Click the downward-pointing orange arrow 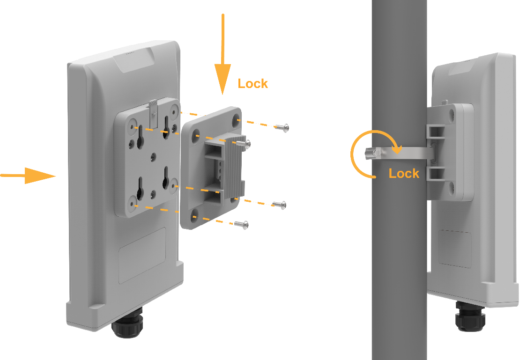point(222,54)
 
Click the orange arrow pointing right point(28,175)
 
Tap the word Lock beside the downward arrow point(253,84)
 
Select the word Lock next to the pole point(404,173)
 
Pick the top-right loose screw point(282,127)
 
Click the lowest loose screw point(242,224)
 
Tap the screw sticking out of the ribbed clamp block point(243,144)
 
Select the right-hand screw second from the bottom point(279,205)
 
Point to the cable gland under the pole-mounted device point(470,316)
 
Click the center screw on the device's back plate point(153,156)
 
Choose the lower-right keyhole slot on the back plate point(166,177)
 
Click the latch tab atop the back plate point(153,114)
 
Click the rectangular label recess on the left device point(142,255)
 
